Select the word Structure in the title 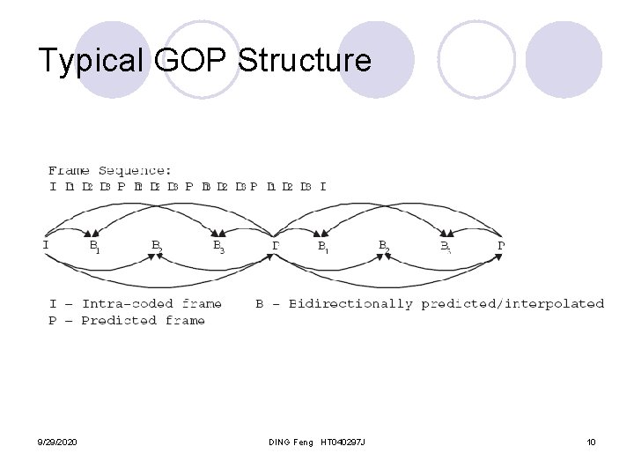[x=306, y=60]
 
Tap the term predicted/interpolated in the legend [x=512, y=304]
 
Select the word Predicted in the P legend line [x=117, y=320]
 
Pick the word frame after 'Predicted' [x=184, y=320]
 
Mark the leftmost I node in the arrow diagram [x=46, y=244]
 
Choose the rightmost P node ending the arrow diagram [x=501, y=244]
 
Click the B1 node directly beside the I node [x=93, y=247]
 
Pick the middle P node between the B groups [x=276, y=245]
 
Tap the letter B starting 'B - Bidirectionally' [x=261, y=304]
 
